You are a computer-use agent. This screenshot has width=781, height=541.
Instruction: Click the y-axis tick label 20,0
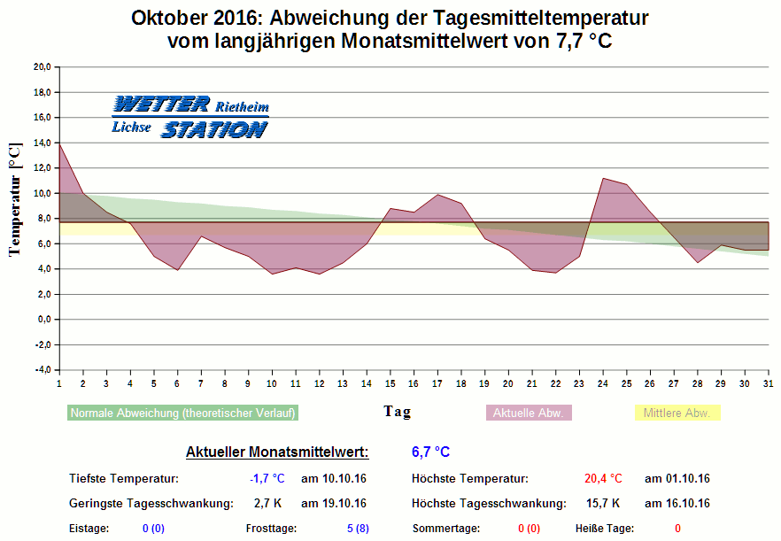[x=43, y=66]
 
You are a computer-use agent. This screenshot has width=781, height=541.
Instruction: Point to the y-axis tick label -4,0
[x=43, y=370]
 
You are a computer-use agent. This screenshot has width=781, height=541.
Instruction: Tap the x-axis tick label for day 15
[x=390, y=383]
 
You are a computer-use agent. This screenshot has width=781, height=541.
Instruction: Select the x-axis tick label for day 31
[x=768, y=383]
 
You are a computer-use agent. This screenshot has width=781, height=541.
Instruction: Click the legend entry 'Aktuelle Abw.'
[x=530, y=413]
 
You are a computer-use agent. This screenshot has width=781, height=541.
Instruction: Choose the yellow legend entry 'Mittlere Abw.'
[x=677, y=413]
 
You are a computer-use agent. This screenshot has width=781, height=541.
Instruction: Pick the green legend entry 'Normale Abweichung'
[x=182, y=413]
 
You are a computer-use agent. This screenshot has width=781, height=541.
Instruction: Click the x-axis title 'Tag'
[x=397, y=412]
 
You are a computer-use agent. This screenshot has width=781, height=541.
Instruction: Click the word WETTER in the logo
[x=161, y=104]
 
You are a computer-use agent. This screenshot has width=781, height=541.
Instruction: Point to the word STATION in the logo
[x=213, y=129]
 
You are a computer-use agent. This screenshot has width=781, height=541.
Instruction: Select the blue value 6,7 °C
[x=431, y=452]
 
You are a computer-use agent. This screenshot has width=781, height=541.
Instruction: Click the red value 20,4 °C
[x=603, y=479]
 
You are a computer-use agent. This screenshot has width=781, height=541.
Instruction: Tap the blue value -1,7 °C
[x=267, y=479]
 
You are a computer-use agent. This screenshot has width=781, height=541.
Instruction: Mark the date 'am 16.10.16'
[x=677, y=504]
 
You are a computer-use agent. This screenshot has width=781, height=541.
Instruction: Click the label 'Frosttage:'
[x=271, y=529]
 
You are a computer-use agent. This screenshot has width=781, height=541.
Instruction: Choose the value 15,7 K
[x=603, y=504]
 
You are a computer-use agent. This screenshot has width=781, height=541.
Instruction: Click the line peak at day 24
[x=602, y=179]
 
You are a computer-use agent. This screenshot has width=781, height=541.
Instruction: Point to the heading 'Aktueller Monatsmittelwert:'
[x=277, y=452]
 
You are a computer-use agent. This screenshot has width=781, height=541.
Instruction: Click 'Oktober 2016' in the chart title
[x=191, y=18]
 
